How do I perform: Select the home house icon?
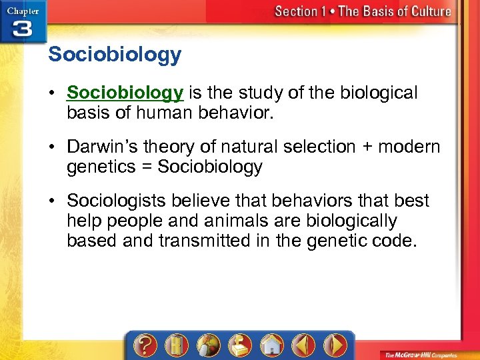(270, 345)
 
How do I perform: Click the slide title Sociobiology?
(114, 55)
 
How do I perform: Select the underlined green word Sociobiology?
(125, 93)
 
